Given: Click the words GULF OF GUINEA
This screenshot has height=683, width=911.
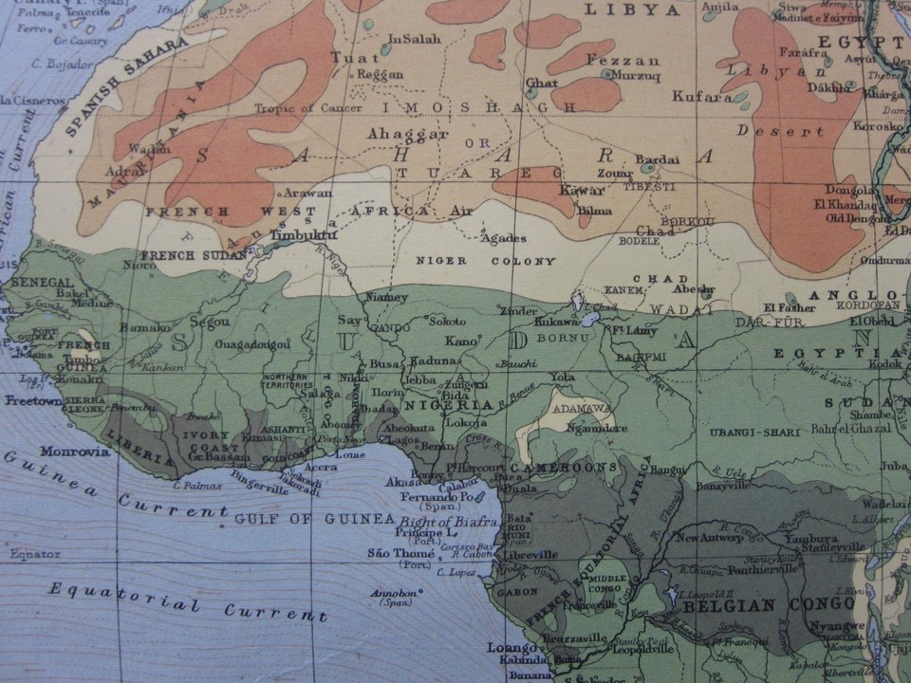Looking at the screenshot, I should [x=313, y=519].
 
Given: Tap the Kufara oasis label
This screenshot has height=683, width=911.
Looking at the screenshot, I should [x=701, y=96].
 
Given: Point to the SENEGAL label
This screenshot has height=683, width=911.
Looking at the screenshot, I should [x=42, y=283].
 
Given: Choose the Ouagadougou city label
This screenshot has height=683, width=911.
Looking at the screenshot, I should [x=251, y=345].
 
